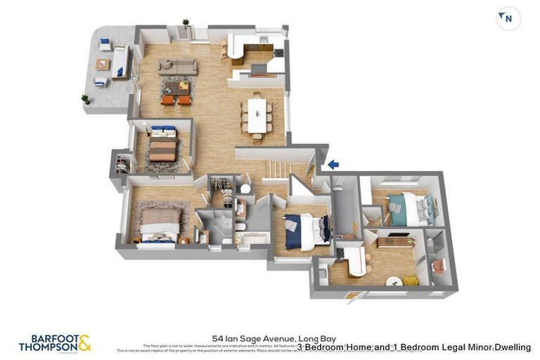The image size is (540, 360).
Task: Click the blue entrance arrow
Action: point(333,165)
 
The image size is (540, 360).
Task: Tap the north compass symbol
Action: point(508,19)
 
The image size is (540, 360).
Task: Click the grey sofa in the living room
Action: point(177,66)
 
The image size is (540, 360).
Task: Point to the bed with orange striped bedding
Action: point(163,145)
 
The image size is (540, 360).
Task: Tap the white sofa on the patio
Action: point(120,62)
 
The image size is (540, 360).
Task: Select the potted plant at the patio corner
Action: point(86,98)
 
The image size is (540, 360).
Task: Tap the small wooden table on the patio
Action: point(103,64)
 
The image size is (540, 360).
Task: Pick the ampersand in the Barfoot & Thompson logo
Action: point(84,342)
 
